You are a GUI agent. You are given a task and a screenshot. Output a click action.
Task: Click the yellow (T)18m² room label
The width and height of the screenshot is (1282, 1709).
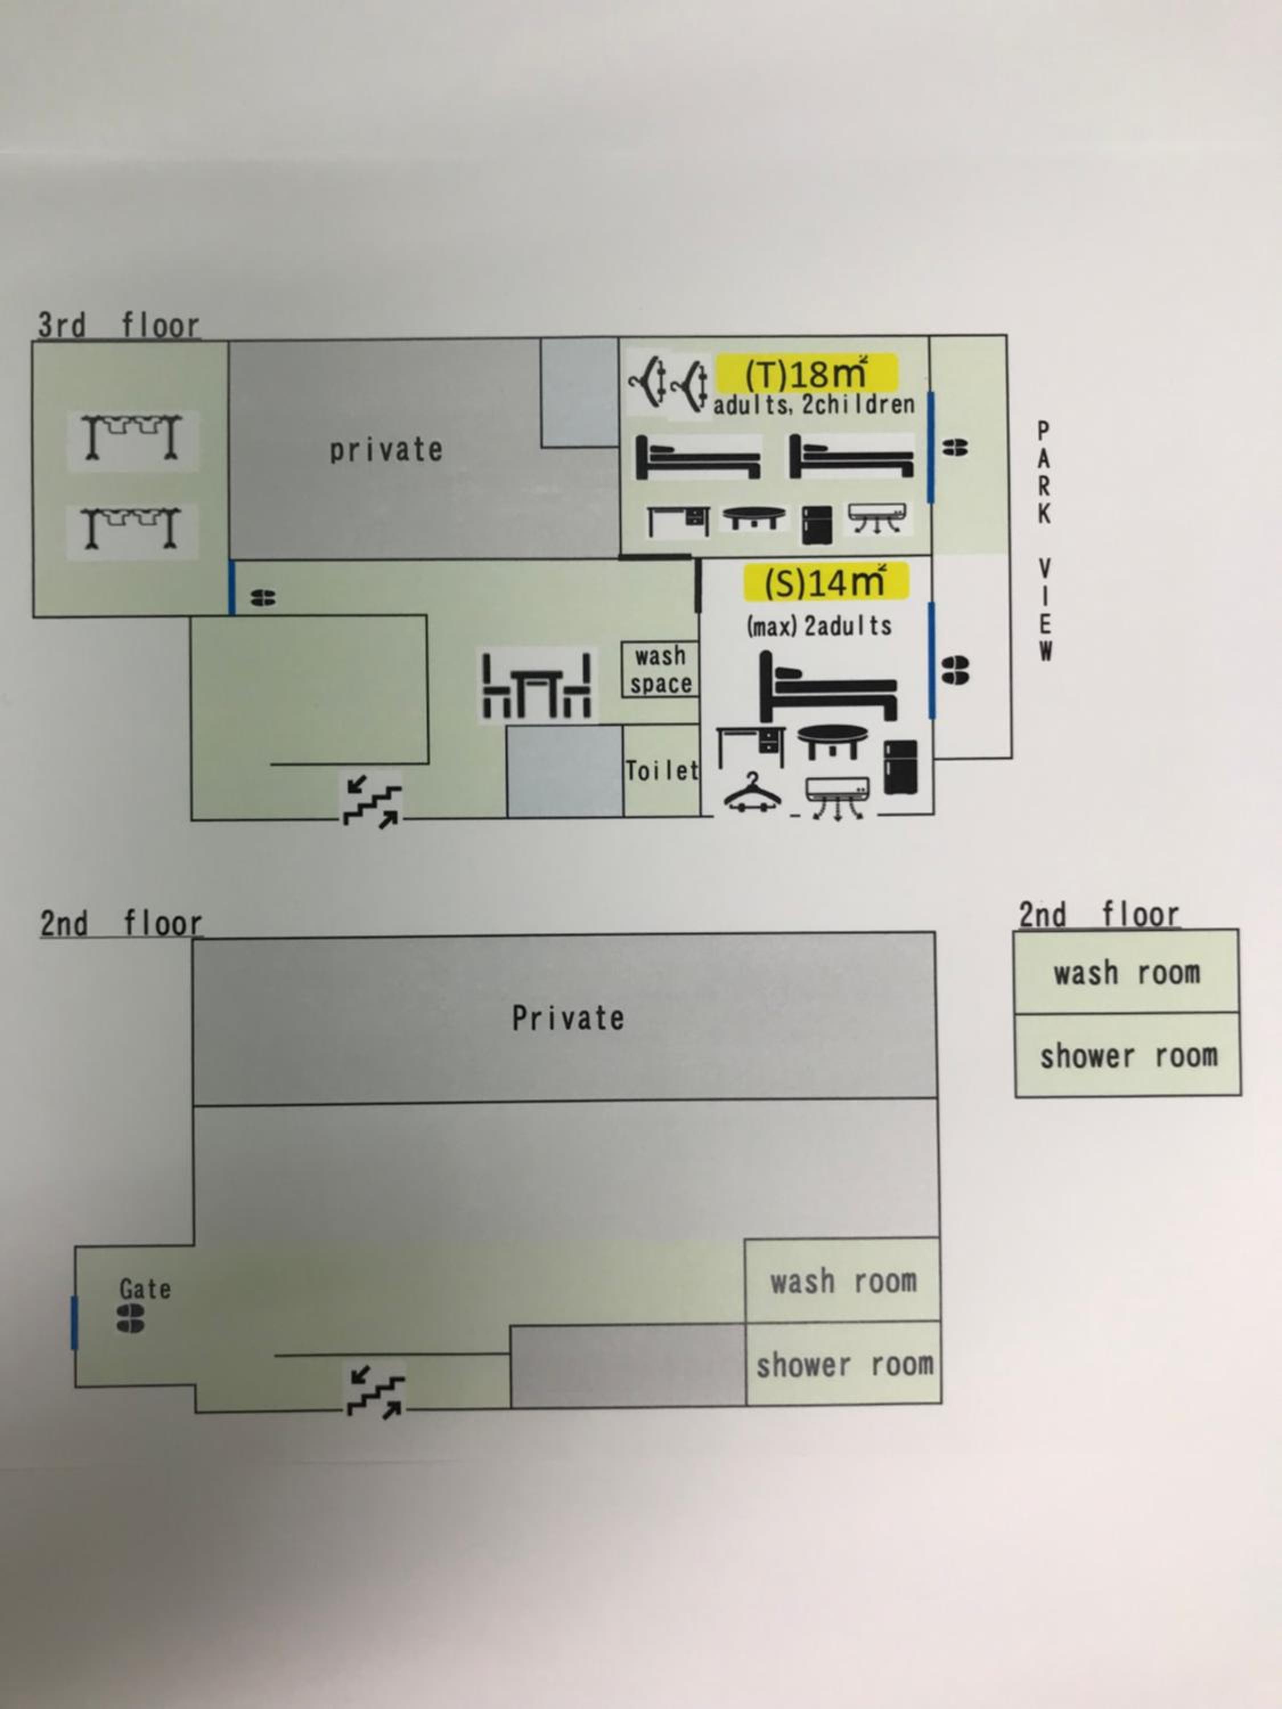point(807,373)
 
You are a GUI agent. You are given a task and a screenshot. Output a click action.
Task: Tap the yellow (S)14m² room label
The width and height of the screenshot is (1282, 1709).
point(825,582)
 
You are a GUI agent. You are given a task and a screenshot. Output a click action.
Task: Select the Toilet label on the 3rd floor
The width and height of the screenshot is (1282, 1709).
point(662,770)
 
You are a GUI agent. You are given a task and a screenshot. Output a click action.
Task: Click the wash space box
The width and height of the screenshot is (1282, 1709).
point(660,670)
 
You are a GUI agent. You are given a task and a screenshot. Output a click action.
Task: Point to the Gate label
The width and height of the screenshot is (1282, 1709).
point(145,1288)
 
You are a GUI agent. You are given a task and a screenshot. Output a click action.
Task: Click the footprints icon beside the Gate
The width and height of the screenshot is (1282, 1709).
point(130,1319)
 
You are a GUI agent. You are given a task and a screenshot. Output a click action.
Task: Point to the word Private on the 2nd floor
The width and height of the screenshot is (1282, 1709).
point(568,1019)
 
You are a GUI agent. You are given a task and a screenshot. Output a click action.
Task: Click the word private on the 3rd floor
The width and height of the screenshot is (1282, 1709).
point(386,449)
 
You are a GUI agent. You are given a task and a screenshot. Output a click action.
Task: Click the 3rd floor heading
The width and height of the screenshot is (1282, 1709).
point(119,325)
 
